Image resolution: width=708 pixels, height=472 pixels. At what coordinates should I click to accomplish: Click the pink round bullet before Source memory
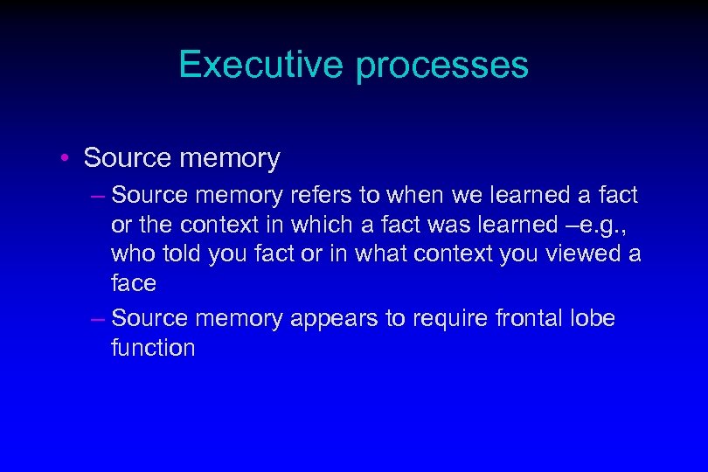(66, 159)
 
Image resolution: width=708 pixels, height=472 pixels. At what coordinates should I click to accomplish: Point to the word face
(134, 283)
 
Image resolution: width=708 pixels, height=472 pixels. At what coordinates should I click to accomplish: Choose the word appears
(333, 318)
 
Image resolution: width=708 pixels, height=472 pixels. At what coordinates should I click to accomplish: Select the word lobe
(594, 318)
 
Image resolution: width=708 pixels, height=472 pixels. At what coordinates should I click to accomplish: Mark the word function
(153, 348)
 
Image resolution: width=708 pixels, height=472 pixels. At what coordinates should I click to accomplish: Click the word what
(407, 253)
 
